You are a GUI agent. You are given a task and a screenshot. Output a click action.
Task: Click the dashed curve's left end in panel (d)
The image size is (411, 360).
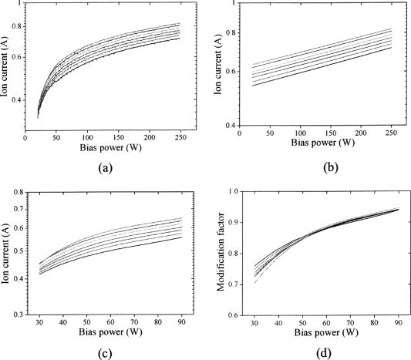pos(254,283)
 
